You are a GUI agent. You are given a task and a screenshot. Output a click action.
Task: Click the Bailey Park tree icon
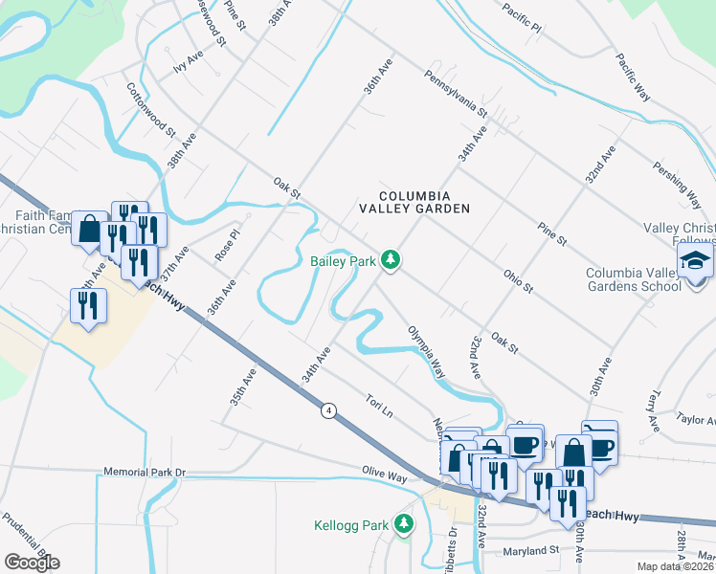point(390,259)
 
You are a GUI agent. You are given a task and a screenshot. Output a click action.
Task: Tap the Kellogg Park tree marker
point(404,524)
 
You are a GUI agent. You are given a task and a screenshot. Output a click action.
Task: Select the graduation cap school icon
point(695,260)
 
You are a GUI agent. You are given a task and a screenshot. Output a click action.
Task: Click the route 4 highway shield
point(328,409)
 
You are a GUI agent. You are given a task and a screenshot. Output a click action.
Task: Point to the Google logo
point(32,563)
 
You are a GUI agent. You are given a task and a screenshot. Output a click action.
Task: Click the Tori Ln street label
point(380,404)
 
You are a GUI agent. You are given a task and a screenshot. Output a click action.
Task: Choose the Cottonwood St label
point(151,108)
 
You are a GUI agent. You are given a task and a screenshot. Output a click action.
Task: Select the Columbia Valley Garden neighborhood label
point(414,202)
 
